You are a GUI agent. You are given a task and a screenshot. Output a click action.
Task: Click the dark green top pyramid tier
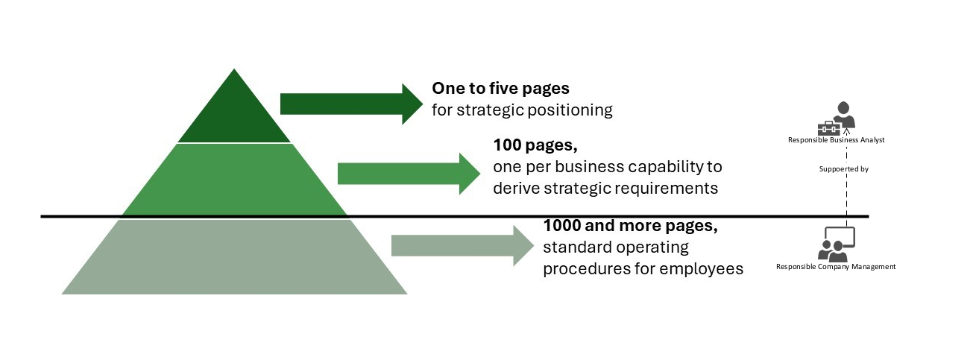[x=235, y=116]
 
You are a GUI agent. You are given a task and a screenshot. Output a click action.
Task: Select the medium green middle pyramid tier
[x=235, y=179]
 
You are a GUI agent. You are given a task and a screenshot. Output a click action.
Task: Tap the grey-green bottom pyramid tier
[x=235, y=257]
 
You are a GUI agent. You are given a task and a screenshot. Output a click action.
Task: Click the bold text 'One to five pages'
[x=500, y=89]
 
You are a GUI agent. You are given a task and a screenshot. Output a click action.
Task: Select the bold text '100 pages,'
[x=535, y=145]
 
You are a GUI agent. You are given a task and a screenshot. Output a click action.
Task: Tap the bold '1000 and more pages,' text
[x=630, y=225]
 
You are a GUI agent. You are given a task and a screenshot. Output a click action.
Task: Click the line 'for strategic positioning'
[x=522, y=110]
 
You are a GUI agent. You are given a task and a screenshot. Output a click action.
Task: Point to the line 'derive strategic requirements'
[x=605, y=188]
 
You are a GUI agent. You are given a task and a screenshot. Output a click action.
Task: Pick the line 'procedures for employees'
[x=643, y=268]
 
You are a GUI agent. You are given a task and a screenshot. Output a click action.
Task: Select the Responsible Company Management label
[x=836, y=266]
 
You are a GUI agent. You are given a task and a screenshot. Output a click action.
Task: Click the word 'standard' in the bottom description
[x=574, y=247]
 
